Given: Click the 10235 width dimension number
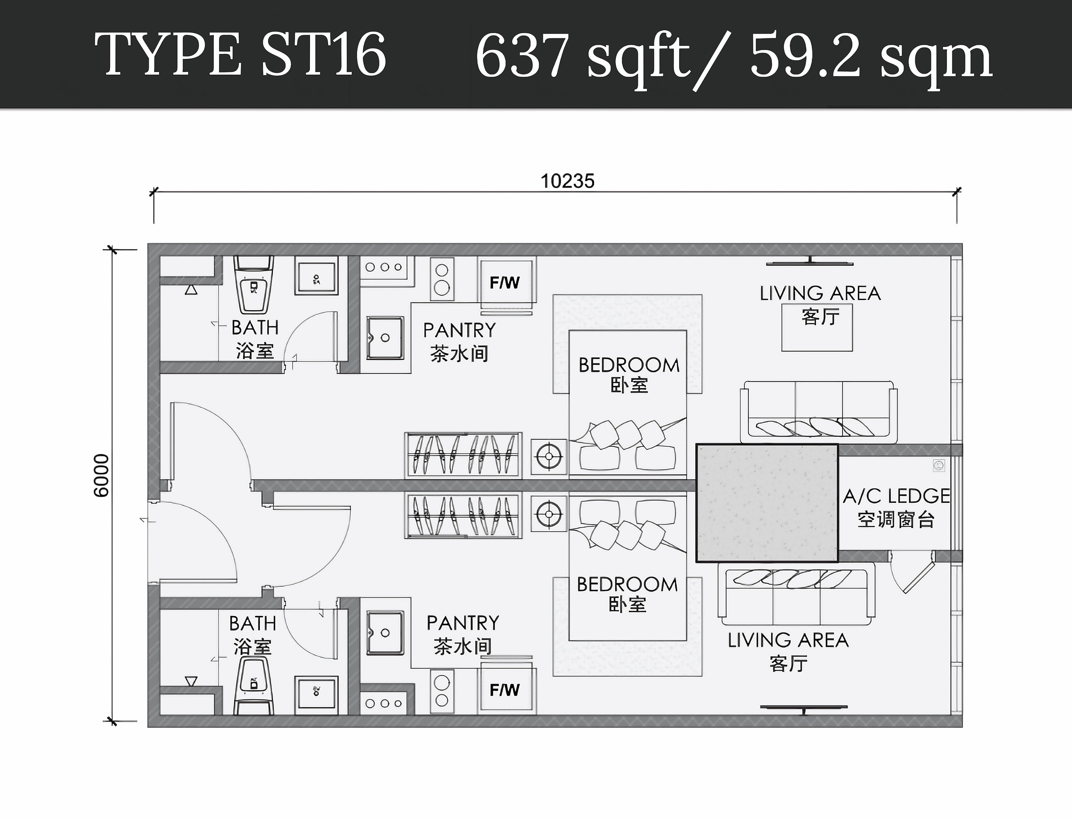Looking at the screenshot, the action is (567, 181).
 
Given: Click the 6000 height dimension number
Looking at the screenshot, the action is (101, 476).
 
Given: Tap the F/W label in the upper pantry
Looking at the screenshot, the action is (505, 282).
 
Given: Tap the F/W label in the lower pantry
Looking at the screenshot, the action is (505, 690).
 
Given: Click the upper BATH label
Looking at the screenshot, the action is (255, 328).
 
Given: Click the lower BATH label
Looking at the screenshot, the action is (253, 623).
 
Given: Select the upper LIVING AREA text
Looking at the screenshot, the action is (820, 293).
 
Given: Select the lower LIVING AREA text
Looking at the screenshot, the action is (788, 640).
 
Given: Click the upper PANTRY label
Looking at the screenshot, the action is (459, 330).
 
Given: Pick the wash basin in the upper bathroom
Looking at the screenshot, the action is (316, 278).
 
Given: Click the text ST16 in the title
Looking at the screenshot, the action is (324, 54).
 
